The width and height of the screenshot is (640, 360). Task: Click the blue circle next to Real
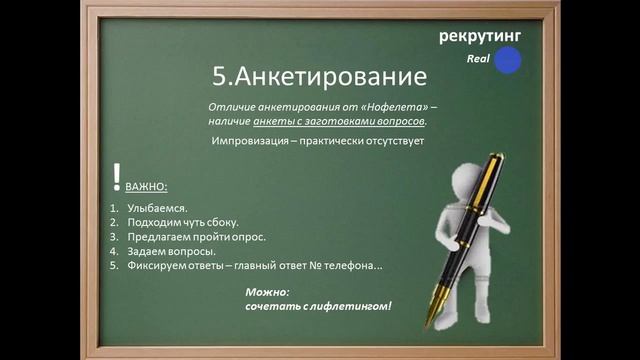pos(508,60)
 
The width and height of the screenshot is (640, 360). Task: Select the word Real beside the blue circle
pos(477,60)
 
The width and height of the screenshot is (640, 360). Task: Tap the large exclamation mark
pos(117,177)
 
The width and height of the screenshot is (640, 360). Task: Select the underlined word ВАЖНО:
pos(146,187)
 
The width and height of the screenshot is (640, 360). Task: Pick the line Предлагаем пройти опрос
pos(196,237)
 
